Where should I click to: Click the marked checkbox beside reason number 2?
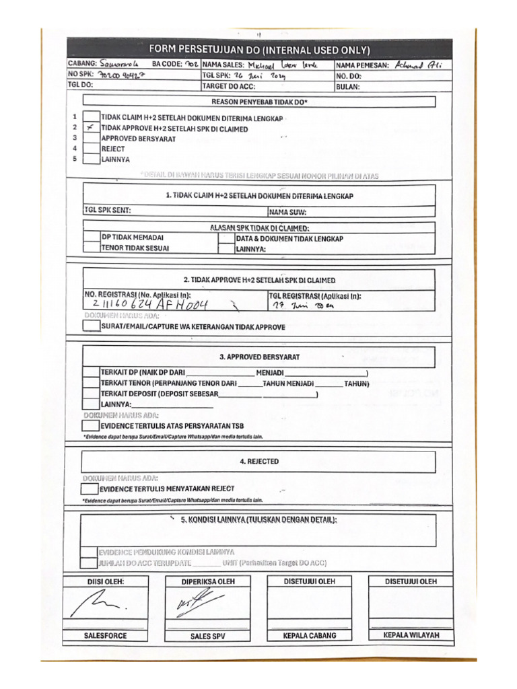[x=91, y=128]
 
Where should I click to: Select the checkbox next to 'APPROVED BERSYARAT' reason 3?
[x=91, y=139]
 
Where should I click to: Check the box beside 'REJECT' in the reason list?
[x=91, y=149]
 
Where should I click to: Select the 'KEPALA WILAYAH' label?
[x=411, y=635]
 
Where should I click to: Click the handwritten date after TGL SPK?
[x=260, y=76]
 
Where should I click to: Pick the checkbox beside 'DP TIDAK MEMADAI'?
[x=92, y=238]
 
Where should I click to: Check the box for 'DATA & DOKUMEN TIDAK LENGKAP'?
[x=226, y=238]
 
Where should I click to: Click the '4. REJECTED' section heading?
[x=258, y=462]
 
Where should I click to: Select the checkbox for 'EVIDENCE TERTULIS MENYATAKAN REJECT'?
[x=89, y=488]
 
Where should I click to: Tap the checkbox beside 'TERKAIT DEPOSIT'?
[x=91, y=393]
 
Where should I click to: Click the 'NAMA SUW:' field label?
[x=288, y=211]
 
